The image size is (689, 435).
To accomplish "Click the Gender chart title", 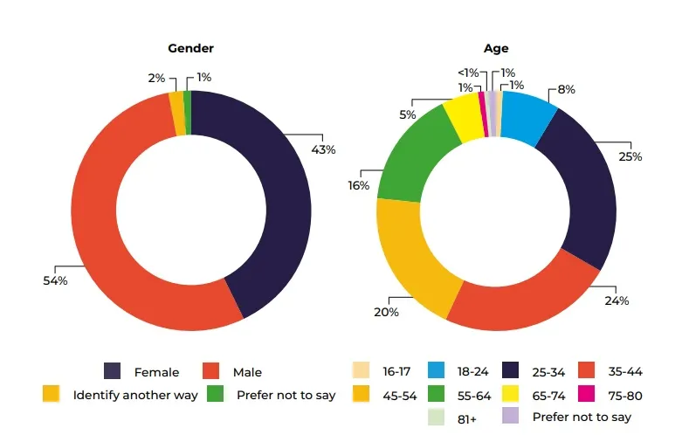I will pos(190,49).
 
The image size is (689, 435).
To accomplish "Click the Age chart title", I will pos(496,49).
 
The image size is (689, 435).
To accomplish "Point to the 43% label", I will pos(322,149).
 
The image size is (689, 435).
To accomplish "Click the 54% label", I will pos(56,280).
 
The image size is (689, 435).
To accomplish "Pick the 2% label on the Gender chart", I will pos(156,78).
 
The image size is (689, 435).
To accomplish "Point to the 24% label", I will pos(617,300).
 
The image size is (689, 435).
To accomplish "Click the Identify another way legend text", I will pos(135,395).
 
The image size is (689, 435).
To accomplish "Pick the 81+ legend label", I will pos(466,418).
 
